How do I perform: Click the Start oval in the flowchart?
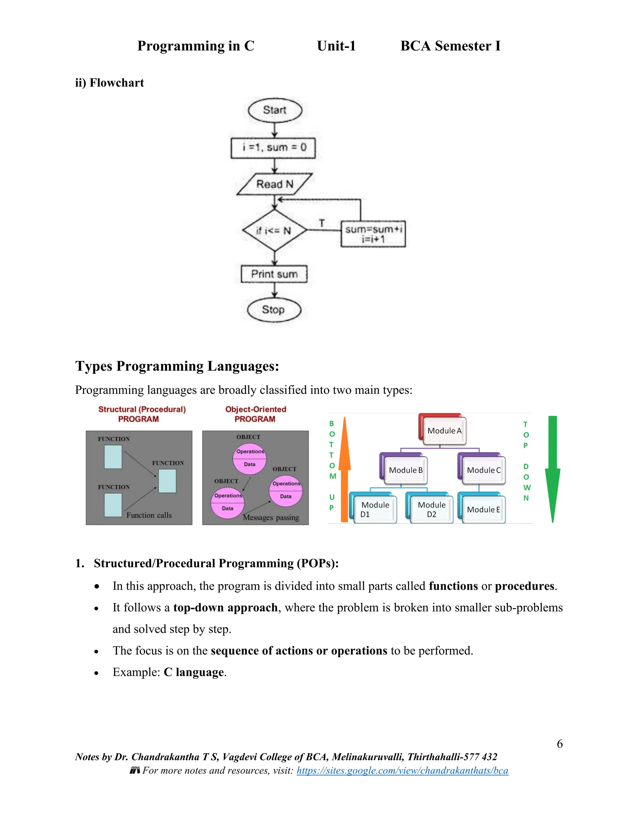click(x=275, y=110)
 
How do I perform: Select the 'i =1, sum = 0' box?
click(x=273, y=148)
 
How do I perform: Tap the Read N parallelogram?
click(x=275, y=184)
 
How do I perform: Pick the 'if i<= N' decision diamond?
click(x=274, y=230)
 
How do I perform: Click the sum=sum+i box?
click(x=373, y=234)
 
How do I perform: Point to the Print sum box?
click(x=274, y=274)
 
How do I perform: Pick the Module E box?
click(x=483, y=510)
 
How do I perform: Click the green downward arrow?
click(x=553, y=469)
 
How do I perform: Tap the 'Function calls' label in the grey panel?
click(x=149, y=515)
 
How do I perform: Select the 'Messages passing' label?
click(x=271, y=517)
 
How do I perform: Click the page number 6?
click(x=560, y=744)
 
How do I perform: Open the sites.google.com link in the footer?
click(x=402, y=770)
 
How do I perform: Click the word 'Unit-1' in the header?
click(x=336, y=46)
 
